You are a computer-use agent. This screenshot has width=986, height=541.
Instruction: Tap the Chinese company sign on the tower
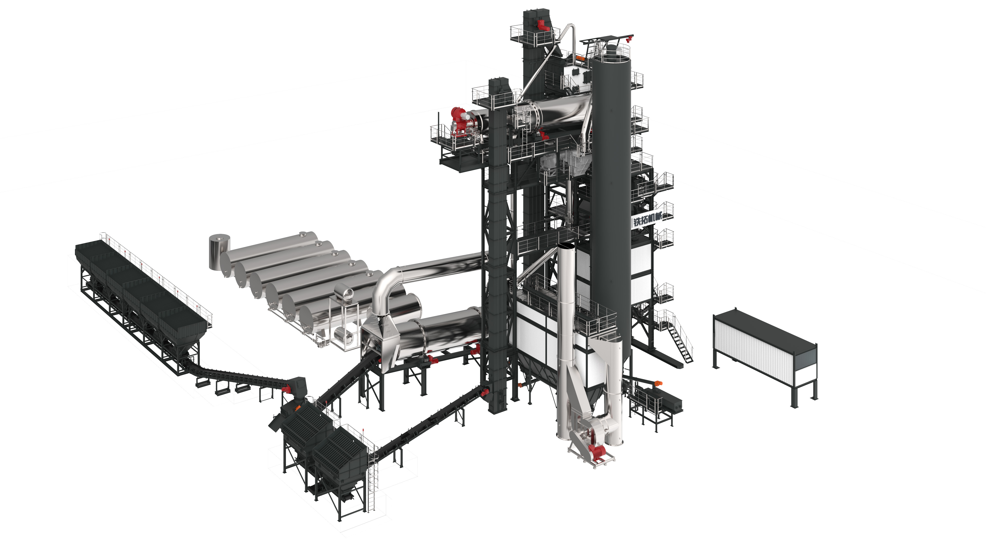coord(647,219)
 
